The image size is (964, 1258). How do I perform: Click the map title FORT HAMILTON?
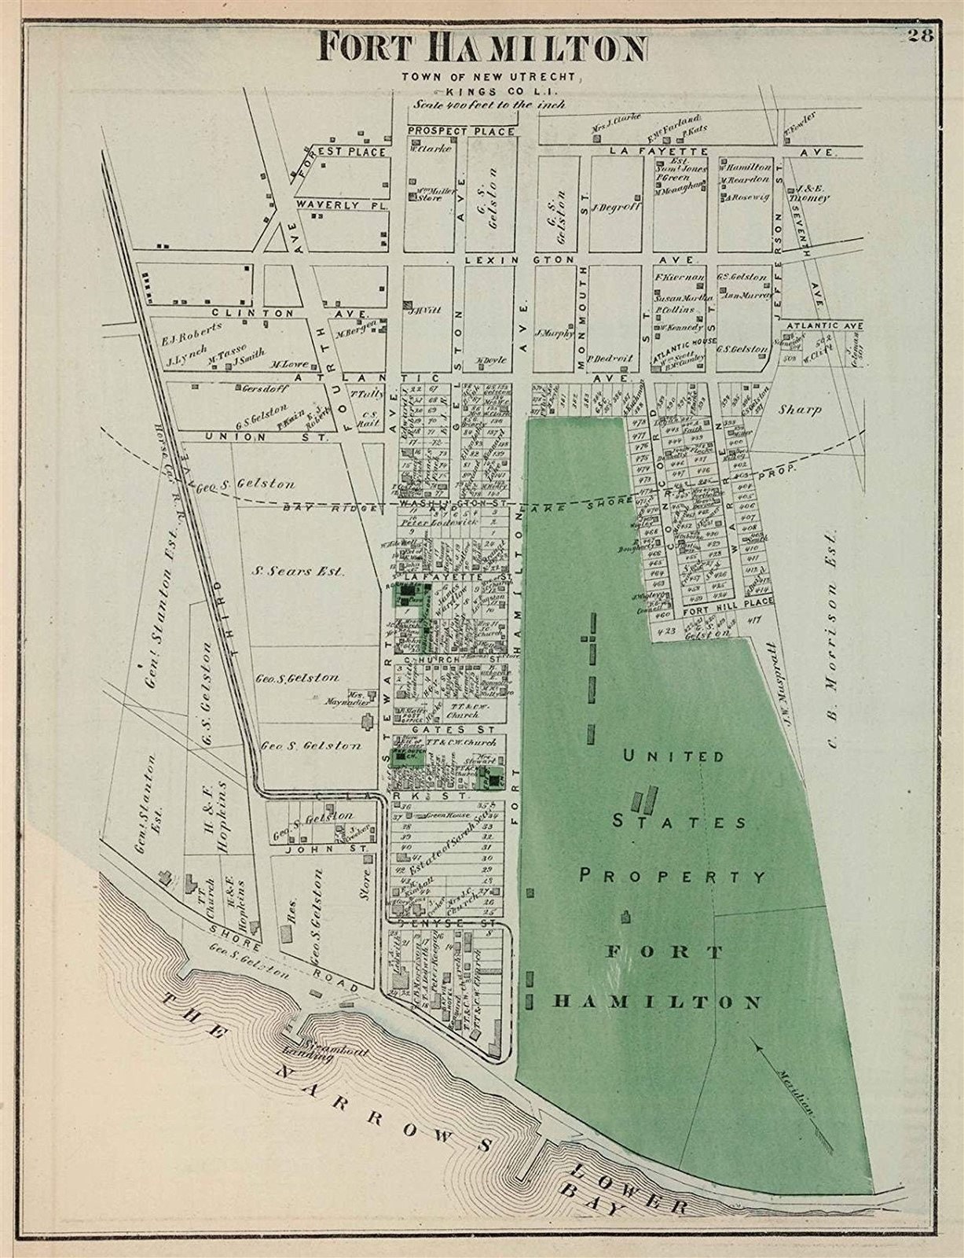(482, 48)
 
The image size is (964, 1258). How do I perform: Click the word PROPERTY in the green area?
(673, 875)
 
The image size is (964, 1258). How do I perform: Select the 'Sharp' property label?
(801, 410)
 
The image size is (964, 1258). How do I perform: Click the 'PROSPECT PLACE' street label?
(461, 131)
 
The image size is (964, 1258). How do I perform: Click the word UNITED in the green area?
(673, 756)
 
